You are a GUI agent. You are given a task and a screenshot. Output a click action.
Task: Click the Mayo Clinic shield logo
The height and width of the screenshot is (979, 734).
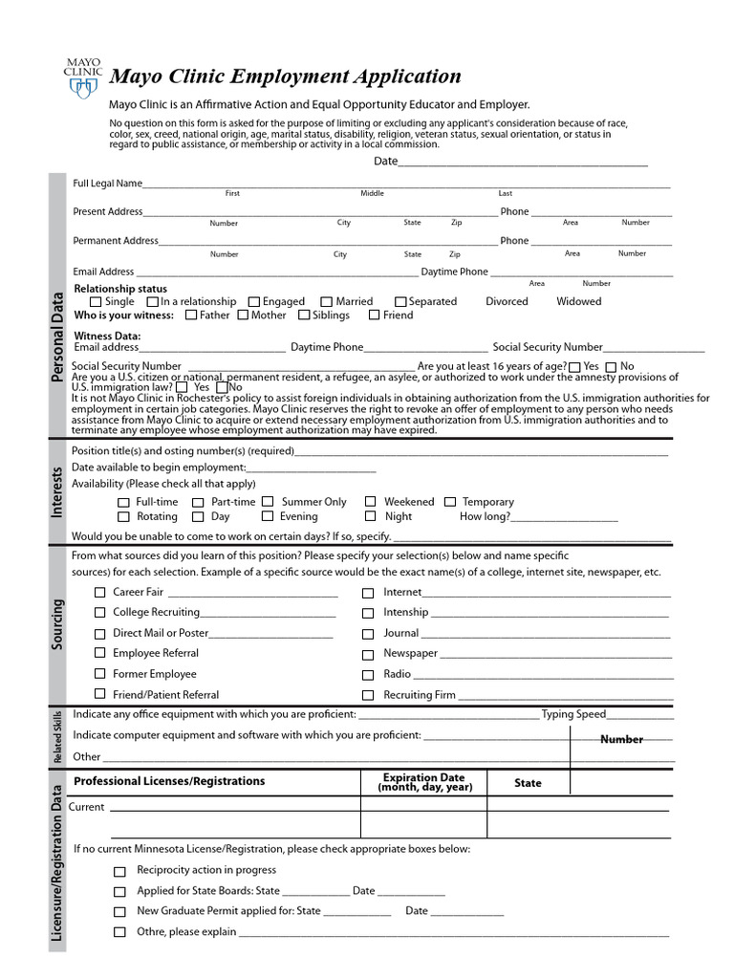coord(82,87)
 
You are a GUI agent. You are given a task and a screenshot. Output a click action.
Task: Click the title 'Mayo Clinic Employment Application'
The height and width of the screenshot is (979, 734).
coord(286,76)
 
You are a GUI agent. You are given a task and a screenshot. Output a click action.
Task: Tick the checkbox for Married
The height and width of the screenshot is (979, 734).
coord(327,302)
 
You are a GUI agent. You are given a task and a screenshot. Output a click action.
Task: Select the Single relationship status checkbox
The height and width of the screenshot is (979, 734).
coord(96,302)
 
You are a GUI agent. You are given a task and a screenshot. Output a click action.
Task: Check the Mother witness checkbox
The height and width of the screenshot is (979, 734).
coord(243,315)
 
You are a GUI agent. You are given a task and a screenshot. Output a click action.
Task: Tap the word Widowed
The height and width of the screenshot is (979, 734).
coord(579,301)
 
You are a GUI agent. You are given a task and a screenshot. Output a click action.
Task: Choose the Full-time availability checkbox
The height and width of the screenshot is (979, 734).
coord(123,503)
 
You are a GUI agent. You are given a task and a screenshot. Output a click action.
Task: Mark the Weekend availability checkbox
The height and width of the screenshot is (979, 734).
coord(370,502)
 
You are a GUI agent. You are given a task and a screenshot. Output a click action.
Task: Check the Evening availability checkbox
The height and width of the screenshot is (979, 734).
coord(267,517)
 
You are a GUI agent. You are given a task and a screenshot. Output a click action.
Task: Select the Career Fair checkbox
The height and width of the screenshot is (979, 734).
coord(100,593)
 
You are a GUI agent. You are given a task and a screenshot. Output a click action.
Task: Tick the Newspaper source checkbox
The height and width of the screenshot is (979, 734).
coord(368,655)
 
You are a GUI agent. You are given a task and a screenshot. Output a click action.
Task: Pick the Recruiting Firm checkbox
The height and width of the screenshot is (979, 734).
coord(368,696)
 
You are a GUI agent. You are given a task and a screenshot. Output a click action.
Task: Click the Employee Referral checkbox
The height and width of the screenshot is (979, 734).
coord(100,654)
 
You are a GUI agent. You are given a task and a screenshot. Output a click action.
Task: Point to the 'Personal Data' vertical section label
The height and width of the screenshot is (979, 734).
coord(57,337)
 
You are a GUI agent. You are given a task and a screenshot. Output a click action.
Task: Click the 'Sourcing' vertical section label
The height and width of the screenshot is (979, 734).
coord(57,625)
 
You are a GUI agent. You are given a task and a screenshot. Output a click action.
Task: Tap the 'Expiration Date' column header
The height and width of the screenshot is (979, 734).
coord(424,782)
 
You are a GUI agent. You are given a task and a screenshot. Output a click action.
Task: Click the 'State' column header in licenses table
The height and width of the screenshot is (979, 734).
coord(528,783)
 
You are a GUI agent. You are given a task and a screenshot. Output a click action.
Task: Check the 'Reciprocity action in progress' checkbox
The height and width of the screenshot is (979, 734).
coord(119,871)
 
